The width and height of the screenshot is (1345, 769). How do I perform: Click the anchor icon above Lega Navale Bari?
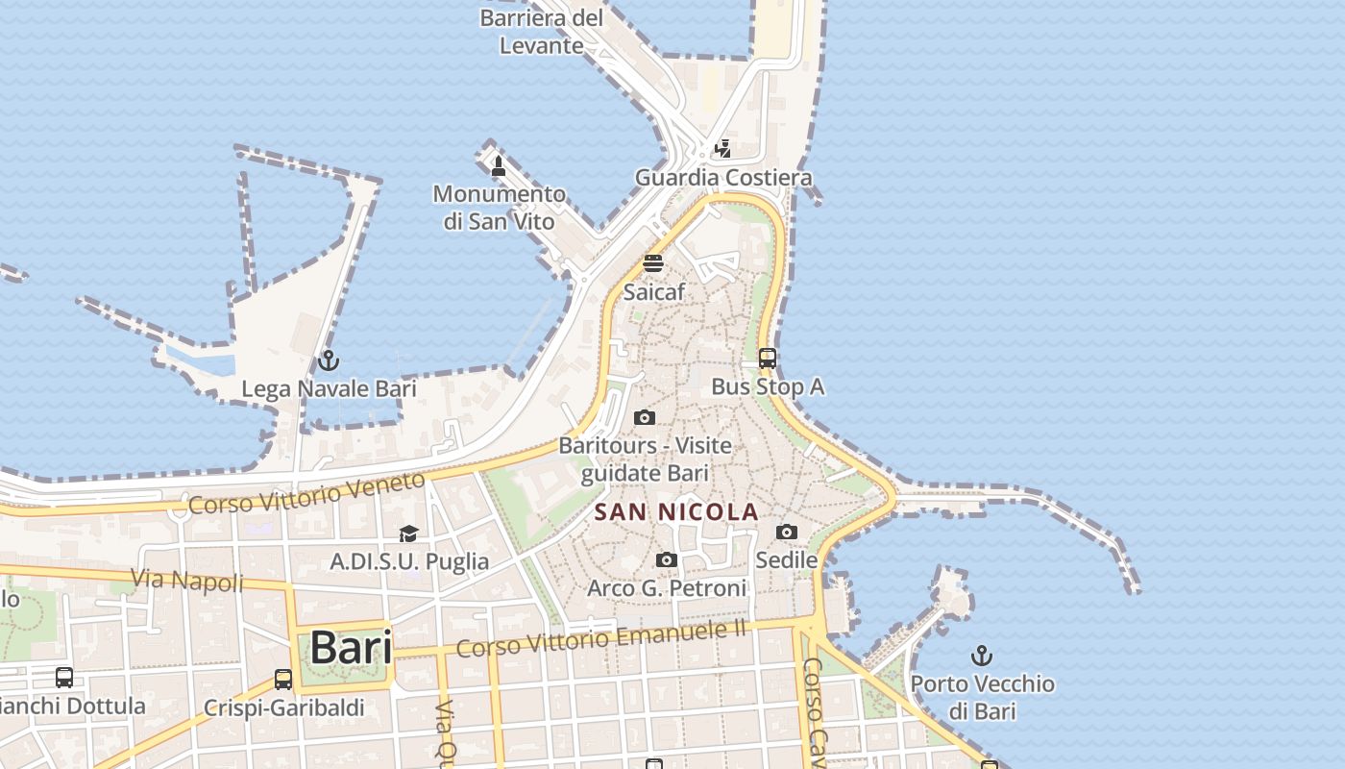[329, 360]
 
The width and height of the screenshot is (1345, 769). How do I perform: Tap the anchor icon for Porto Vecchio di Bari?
[982, 656]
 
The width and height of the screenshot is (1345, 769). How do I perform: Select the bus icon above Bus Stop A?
[768, 359]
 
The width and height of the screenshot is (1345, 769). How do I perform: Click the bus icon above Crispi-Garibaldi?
[283, 680]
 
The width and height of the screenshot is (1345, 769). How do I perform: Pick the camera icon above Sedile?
[787, 532]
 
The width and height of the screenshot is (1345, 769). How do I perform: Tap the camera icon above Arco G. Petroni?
[666, 559]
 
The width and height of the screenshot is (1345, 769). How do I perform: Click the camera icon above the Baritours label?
[645, 417]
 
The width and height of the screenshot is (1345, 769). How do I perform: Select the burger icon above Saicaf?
[653, 262]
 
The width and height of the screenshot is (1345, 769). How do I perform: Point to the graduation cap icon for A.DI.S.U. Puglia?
[409, 533]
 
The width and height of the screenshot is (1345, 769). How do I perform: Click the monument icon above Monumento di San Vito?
[499, 165]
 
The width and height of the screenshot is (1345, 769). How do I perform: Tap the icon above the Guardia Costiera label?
[722, 149]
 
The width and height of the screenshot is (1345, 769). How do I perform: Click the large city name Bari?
[351, 648]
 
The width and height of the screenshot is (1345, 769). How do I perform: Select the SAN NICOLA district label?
[676, 512]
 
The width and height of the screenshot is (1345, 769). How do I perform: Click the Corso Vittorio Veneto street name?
[306, 493]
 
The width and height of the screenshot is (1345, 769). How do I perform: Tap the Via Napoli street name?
[186, 581]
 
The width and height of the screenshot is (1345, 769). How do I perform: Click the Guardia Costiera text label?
[723, 178]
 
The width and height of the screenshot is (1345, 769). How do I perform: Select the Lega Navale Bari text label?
[329, 389]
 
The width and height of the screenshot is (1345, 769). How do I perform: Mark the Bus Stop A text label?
[768, 386]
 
